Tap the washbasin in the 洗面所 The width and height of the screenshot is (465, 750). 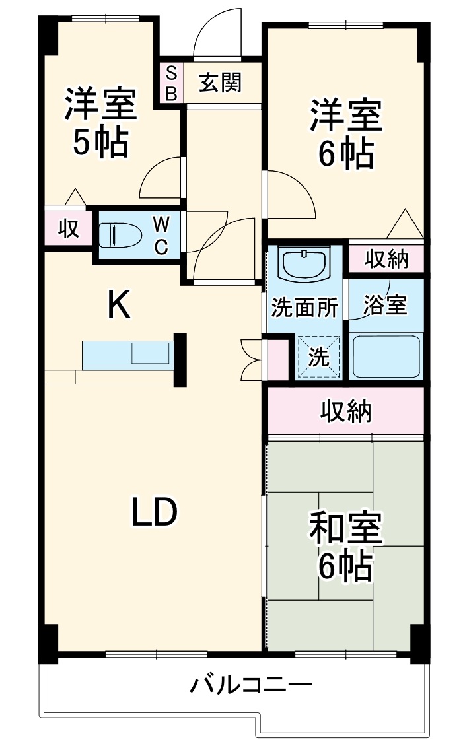304,264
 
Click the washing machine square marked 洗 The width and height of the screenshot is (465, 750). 318,357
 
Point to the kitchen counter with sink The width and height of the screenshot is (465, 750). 127,355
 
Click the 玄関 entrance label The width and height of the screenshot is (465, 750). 221,83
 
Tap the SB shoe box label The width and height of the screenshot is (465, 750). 170,83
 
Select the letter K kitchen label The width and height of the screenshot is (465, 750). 119,305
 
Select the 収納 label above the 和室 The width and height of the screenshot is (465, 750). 346,411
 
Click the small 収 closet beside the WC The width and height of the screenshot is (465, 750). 67,228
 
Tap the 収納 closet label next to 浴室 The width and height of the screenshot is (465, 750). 386,259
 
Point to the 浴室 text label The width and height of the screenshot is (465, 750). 385,305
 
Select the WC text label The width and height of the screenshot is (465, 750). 161,235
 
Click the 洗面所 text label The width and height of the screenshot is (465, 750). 305,308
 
